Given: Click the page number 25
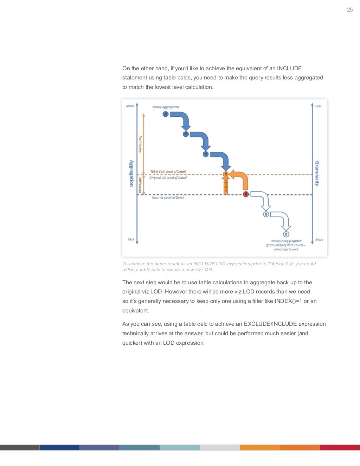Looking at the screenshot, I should pos(349,10).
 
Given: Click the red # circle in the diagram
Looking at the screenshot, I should pos(246,194).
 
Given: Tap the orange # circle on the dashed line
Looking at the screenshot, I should pos(226,174).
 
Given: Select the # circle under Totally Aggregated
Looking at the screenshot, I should pos(166,114).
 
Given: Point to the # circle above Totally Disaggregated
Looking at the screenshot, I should pos(286,234).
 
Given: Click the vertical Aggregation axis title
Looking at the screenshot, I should pos(131,173).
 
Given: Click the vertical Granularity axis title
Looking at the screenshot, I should pos(317,174).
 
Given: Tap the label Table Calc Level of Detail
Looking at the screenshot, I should pos(168,172).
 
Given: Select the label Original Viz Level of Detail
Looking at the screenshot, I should pos(168,178).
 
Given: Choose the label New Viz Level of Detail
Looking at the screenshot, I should pos(168,198).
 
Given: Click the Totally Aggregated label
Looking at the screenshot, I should pos(165,107).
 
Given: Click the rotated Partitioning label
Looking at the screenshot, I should pos(140,144).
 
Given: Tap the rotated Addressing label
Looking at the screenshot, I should pos(140,185).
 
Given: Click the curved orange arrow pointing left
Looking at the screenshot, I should pos(240,178).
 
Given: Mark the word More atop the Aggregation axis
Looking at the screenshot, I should pos(130,106).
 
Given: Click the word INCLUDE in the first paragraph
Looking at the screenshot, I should pos(289,69).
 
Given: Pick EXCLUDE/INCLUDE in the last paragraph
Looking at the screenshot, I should pos(270,324).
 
